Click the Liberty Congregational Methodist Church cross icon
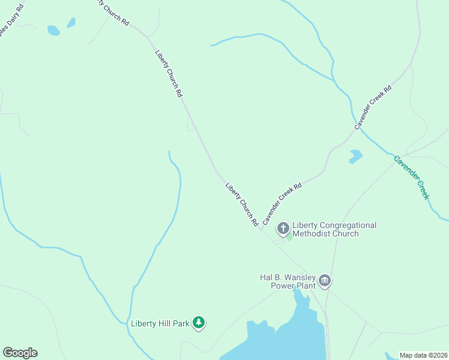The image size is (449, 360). pos(283,229)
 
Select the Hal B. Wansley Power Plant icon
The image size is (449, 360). pos(325,280)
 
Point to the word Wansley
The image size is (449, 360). pos(295,277)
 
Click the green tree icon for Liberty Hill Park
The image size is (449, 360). pos(199,323)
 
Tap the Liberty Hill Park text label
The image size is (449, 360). pos(160,324)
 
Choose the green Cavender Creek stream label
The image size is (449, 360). pos(412,178)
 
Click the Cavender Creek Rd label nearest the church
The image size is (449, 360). pos(282,204)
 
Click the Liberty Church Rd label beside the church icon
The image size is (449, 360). pos(242,204)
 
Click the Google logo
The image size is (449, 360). pos(20,353)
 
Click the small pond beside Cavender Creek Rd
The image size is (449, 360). pos(355,156)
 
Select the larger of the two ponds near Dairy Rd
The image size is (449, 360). pos(54,30)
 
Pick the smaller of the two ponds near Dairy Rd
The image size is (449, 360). pos(71,23)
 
